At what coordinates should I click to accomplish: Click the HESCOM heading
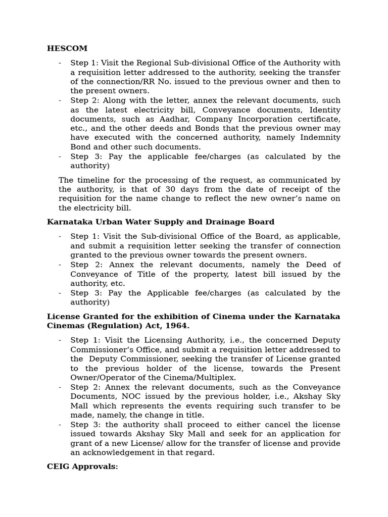tap(67, 48)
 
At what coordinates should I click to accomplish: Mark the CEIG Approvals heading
tap(82, 467)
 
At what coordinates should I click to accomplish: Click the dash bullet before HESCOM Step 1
tap(60, 63)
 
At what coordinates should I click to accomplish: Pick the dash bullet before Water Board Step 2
tap(60, 265)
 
